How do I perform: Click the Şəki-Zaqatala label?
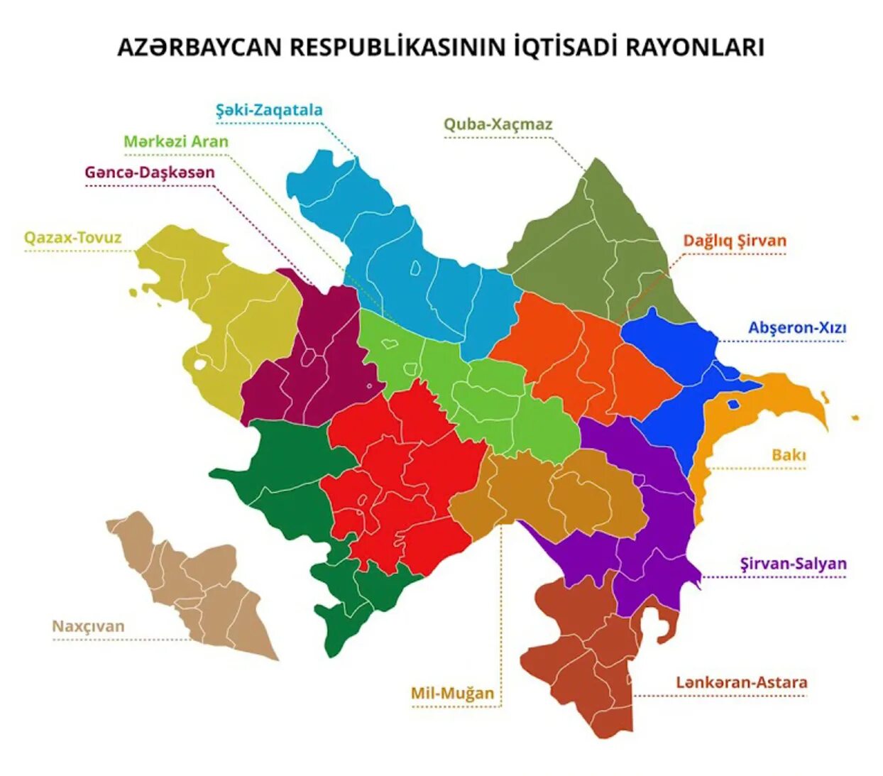click(269, 110)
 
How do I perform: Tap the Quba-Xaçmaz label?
click(498, 124)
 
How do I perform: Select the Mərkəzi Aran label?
click(176, 141)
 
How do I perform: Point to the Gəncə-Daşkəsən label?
click(150, 173)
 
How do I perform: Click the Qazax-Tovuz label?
click(73, 238)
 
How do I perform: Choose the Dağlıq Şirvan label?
click(735, 241)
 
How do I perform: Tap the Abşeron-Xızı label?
click(797, 328)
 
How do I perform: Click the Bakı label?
click(789, 455)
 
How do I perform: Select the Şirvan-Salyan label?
click(793, 564)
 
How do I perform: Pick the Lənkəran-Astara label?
click(741, 682)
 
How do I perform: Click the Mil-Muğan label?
click(452, 693)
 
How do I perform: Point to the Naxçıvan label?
click(88, 626)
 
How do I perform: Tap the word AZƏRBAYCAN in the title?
click(199, 48)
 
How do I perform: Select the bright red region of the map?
click(397, 476)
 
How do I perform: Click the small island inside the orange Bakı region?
click(733, 405)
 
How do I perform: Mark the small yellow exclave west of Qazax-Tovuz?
click(132, 292)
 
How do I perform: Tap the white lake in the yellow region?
click(200, 365)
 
